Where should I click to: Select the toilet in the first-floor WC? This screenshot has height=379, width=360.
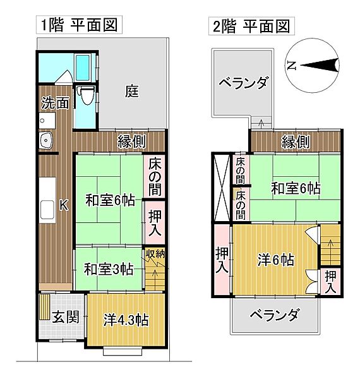[x=87, y=96]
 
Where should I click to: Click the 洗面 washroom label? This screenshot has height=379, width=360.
[x=53, y=104]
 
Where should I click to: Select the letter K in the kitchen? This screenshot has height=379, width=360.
[x=63, y=204]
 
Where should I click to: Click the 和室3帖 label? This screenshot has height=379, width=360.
[x=109, y=268]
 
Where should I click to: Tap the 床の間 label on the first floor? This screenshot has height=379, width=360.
[x=155, y=176]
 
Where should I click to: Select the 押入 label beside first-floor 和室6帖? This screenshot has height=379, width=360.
[x=155, y=219]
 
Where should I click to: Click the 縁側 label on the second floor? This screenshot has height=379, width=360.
[x=295, y=141]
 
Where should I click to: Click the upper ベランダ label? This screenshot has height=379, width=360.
[x=243, y=83]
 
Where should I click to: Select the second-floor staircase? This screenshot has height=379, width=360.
[x=329, y=248]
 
